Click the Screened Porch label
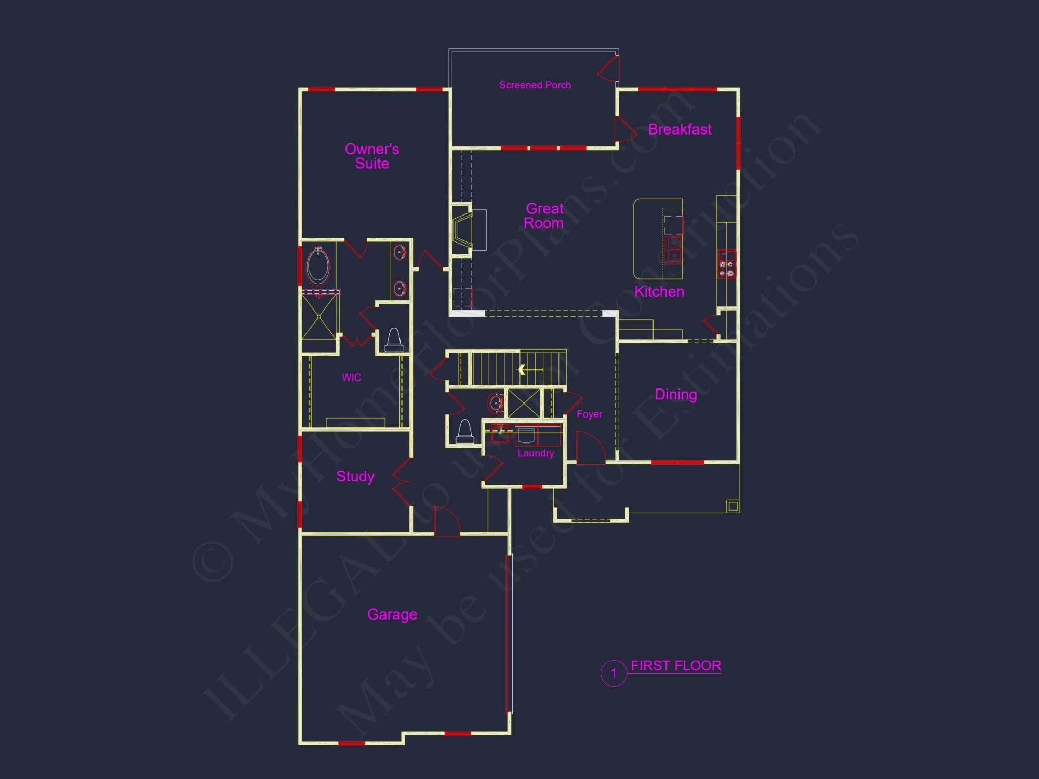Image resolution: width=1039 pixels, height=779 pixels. pos(535,85)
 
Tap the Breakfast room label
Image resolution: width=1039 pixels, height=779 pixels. pos(680,129)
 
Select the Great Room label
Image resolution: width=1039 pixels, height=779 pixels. pos(544,216)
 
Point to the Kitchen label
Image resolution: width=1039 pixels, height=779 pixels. pos(659,291)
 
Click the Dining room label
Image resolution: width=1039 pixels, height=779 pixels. pos(675,394)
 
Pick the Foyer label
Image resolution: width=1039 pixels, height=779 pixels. pos(589,414)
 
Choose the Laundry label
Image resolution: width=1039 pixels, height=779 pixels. pos(536,453)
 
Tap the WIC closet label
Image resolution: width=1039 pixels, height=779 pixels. pos(351,378)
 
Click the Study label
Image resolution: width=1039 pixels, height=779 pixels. pos(355,476)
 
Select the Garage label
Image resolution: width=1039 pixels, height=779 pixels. pos(392,614)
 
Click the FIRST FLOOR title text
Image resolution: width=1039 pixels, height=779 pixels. pos(675,666)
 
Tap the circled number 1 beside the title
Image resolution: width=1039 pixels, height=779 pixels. pos(614,674)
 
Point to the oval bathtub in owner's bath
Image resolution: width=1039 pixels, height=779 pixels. pos(318,266)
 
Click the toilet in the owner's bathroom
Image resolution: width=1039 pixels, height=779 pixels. pos(394,341)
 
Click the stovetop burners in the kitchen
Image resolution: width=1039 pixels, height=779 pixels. pos(726,268)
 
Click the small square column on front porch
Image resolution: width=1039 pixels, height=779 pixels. pos(732,506)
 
